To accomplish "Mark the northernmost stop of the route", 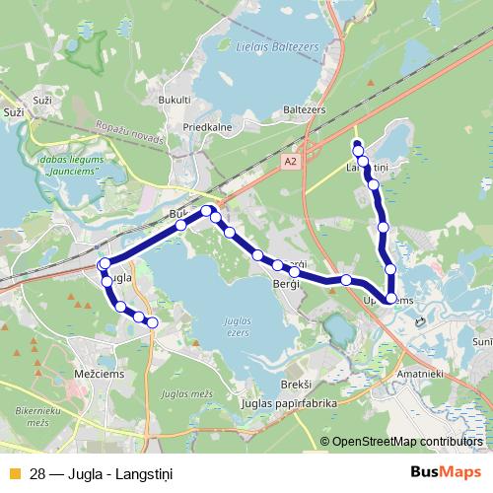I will point(357,142).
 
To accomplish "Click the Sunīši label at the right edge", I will point(483,341).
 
